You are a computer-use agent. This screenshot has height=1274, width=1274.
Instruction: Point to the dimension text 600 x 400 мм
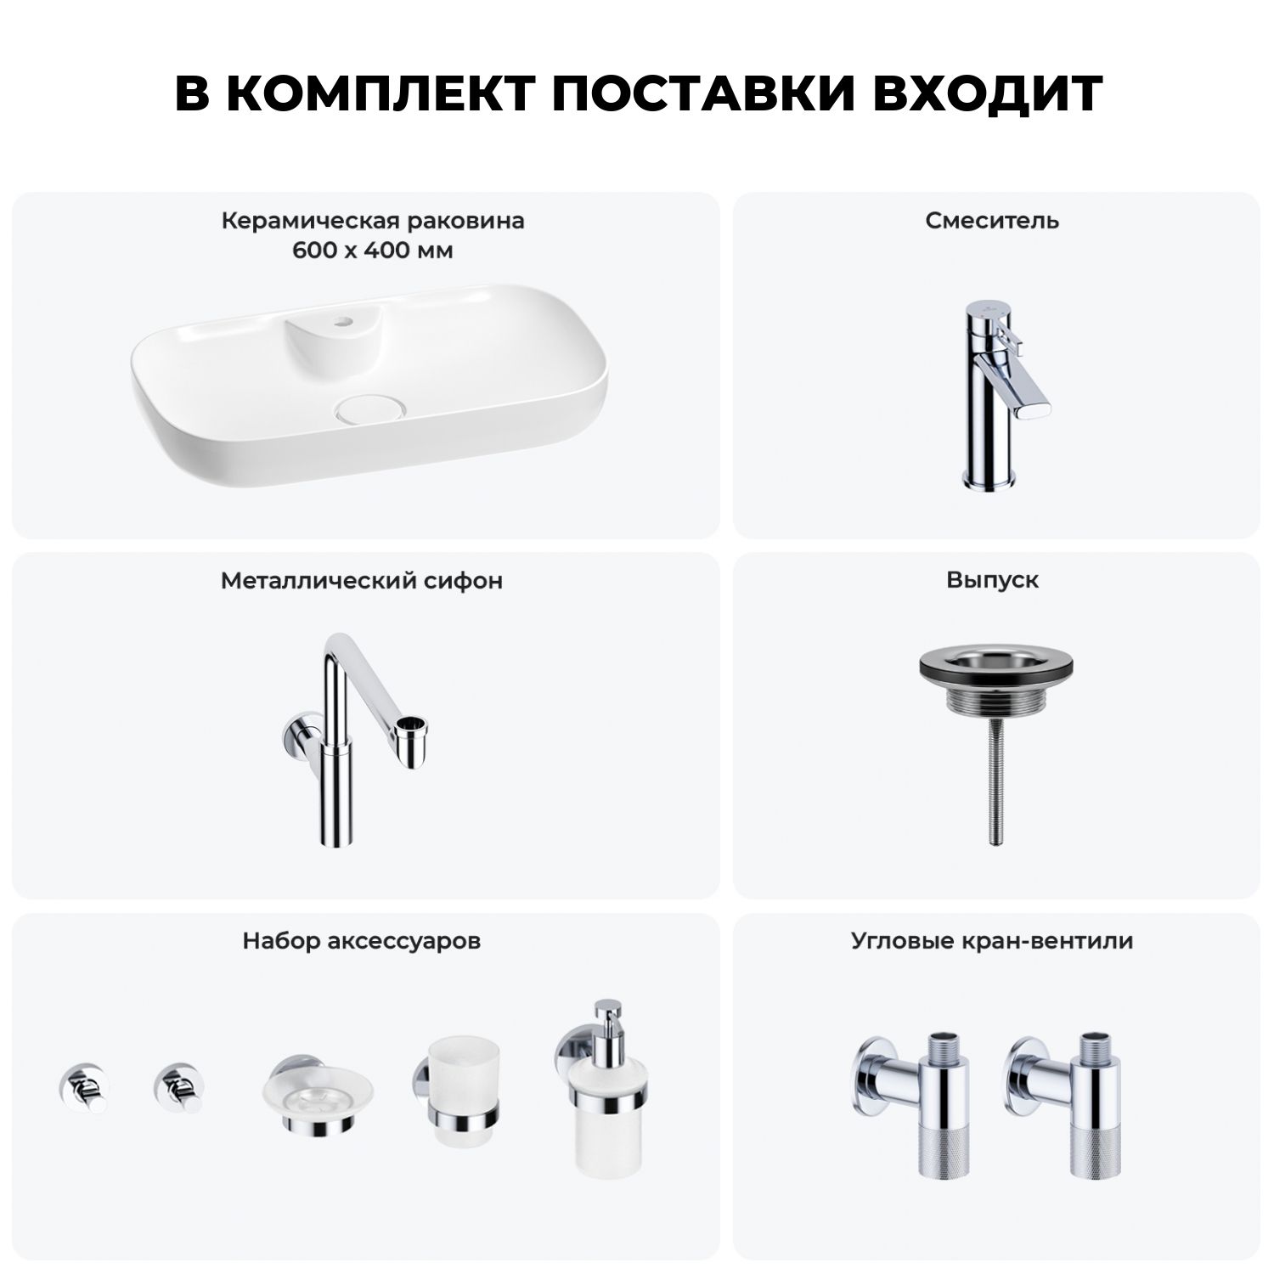tap(373, 251)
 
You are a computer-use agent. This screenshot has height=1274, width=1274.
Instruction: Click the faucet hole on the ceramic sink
tap(346, 322)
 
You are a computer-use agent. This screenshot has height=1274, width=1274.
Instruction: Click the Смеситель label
tap(992, 221)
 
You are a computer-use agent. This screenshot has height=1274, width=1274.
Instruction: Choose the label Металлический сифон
tap(362, 581)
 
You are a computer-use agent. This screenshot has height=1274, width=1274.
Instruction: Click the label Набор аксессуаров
tap(362, 941)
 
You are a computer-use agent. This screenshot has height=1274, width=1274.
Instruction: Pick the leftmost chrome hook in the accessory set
tap(83, 1088)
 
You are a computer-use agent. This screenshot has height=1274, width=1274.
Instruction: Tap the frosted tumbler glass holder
tap(455, 1096)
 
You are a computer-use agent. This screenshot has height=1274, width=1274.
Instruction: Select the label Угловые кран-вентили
tap(992, 941)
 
